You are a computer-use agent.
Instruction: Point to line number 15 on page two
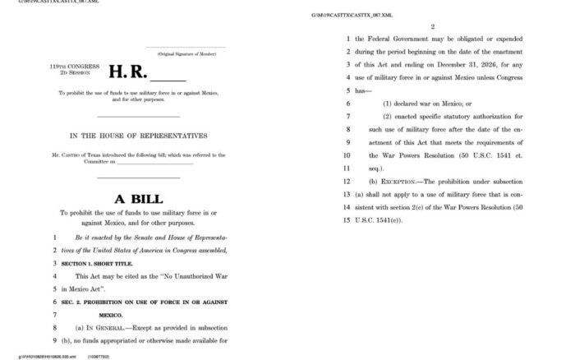coord(347,219)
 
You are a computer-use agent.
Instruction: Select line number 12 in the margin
coord(347,181)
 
